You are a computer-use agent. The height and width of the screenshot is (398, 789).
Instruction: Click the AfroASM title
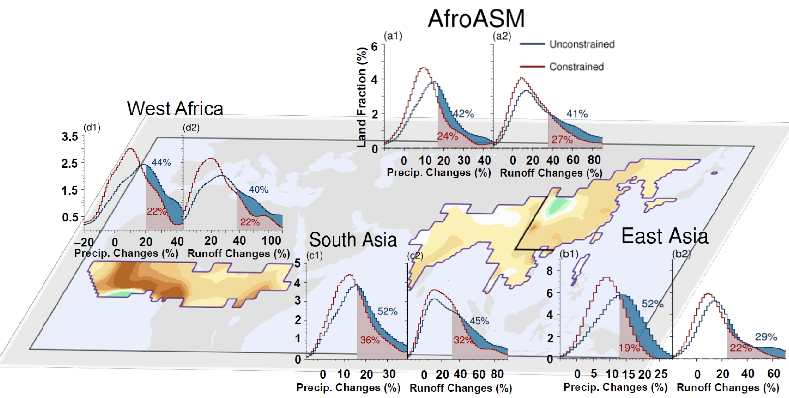point(476,19)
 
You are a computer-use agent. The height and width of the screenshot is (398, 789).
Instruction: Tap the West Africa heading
point(175,108)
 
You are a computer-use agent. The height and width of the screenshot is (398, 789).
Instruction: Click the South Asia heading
point(353,240)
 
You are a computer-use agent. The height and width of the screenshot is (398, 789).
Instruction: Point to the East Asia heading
point(665,236)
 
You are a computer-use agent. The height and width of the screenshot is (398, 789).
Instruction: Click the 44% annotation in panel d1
point(161,162)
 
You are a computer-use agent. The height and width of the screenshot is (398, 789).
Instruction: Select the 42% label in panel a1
point(463,114)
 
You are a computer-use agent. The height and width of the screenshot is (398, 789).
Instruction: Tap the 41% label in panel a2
point(577,114)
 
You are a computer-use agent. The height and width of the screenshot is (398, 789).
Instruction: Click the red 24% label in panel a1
point(448,136)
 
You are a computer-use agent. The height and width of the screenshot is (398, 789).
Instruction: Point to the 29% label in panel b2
point(766,337)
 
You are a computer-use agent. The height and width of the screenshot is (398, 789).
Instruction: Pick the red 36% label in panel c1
point(370,340)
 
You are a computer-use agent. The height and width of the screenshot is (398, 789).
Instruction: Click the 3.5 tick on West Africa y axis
point(70,137)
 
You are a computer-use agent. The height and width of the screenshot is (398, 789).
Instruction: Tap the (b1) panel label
point(569,254)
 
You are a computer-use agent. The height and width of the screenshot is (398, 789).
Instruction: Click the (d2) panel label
point(191,127)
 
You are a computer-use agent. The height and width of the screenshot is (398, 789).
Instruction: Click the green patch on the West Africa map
point(121,293)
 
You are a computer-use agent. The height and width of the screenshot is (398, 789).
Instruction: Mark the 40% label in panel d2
point(258,190)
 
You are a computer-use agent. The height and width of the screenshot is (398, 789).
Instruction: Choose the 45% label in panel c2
point(479,321)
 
